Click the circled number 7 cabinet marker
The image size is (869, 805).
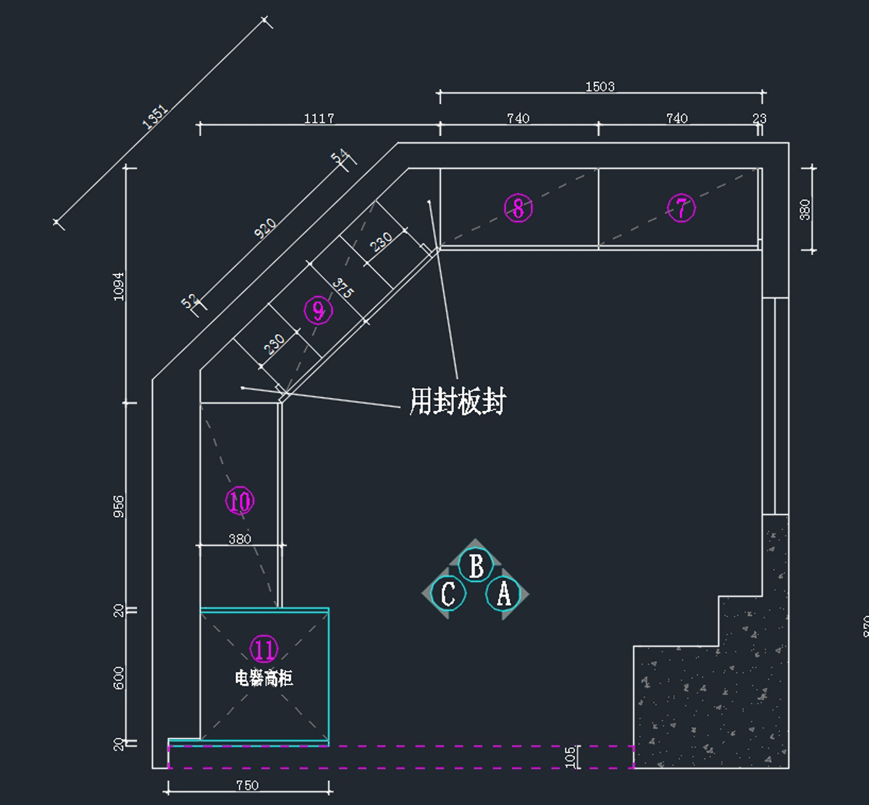tap(681, 208)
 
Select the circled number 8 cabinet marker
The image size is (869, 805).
tap(519, 208)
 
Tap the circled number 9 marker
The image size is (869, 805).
tap(318, 311)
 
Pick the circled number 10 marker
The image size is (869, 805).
tap(240, 501)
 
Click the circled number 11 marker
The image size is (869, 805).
tap(264, 649)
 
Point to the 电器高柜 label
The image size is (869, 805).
tap(264, 678)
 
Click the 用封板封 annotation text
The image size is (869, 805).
tap(457, 400)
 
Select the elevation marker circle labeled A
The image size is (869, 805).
tap(503, 594)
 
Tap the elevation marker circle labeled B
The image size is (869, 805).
tap(476, 566)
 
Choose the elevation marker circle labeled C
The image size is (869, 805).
tap(448, 594)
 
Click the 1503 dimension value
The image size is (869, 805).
tap(600, 87)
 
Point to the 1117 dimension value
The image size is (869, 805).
tap(319, 119)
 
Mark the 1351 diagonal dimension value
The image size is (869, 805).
tap(155, 117)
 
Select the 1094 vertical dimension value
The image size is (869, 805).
tap(119, 286)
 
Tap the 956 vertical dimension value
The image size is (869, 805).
tap(119, 507)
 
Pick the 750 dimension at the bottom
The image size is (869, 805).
tap(247, 785)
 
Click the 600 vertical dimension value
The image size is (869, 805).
tap(119, 678)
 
